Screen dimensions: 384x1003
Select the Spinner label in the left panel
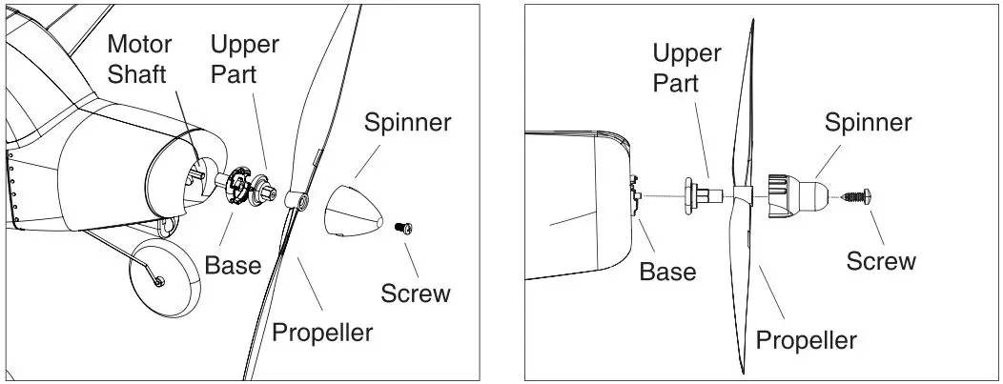pyautogui.click(x=407, y=122)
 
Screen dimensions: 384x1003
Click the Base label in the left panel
pyautogui.click(x=233, y=264)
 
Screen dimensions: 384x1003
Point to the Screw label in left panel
pyautogui.click(x=415, y=293)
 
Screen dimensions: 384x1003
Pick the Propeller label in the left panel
pyautogui.click(x=322, y=332)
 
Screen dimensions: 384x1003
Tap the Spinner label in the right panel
pyautogui.click(x=868, y=122)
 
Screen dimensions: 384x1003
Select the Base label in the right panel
pyautogui.click(x=667, y=272)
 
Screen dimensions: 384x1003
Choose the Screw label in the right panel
pyautogui.click(x=881, y=260)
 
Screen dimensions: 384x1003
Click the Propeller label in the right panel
pyautogui.click(x=806, y=339)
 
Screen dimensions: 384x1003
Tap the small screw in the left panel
pyautogui.click(x=404, y=229)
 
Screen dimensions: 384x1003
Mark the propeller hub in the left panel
pyautogui.click(x=297, y=199)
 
